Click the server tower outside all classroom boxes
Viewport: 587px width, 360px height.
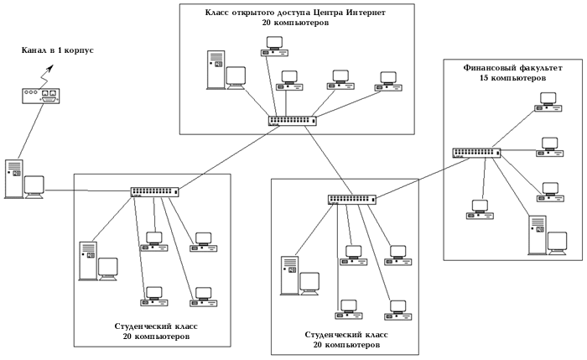(13, 178)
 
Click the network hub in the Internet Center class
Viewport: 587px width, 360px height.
(293, 120)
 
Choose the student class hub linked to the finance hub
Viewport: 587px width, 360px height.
(352, 200)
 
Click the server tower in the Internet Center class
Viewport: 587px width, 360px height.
(216, 70)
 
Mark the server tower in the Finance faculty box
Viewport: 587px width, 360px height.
(537, 234)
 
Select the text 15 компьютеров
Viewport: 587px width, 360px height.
(512, 78)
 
